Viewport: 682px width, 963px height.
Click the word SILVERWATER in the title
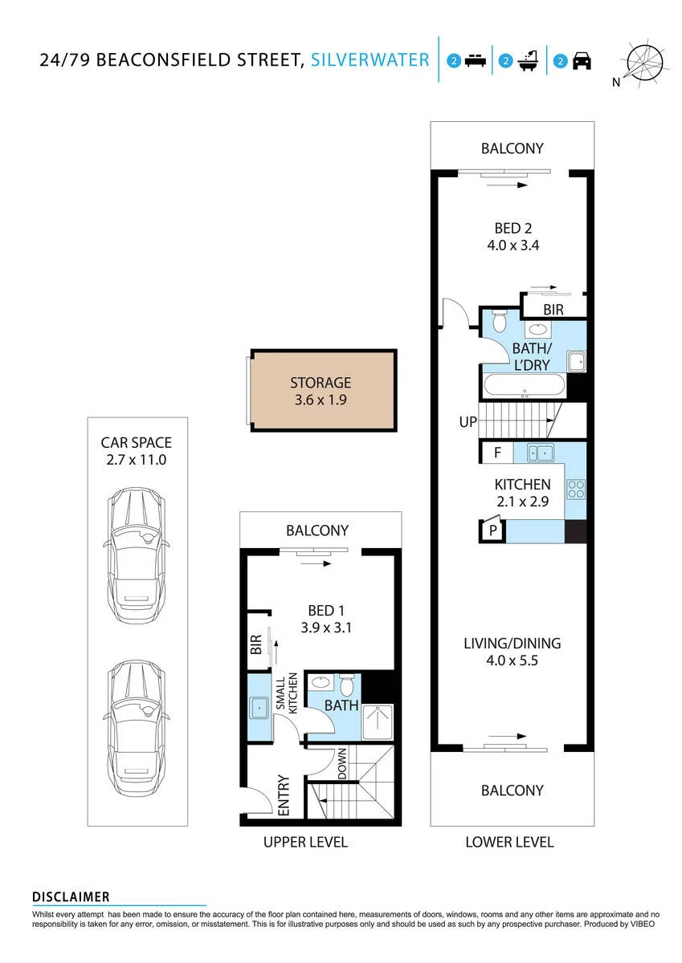tap(370, 59)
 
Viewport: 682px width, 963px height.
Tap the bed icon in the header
tap(476, 61)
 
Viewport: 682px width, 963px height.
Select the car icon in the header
tap(582, 61)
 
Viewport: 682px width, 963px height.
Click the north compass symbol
tap(644, 63)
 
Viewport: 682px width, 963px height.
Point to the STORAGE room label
tap(321, 383)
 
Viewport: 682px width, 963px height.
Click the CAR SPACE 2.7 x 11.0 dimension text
tap(137, 451)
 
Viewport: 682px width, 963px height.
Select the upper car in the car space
tap(137, 556)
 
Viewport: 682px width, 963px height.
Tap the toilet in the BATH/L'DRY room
tap(500, 321)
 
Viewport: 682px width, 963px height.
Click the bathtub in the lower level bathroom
tap(524, 386)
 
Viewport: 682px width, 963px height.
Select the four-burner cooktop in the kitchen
tap(576, 489)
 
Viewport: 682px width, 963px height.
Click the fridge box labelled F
tap(497, 453)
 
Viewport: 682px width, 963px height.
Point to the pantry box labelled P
tap(492, 530)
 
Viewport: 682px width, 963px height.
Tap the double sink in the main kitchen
tap(540, 453)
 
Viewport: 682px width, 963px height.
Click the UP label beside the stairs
tap(468, 422)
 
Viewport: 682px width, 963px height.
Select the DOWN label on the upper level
tap(342, 763)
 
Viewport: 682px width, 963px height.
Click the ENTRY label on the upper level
tap(284, 795)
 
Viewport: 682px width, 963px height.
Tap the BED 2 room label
tap(513, 228)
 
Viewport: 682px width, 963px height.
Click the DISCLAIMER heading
tap(71, 897)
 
